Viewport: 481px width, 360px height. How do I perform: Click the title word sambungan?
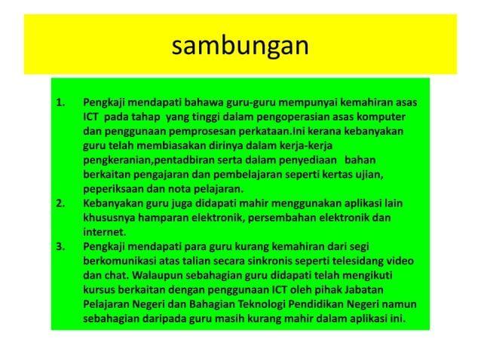(x=240, y=47)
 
